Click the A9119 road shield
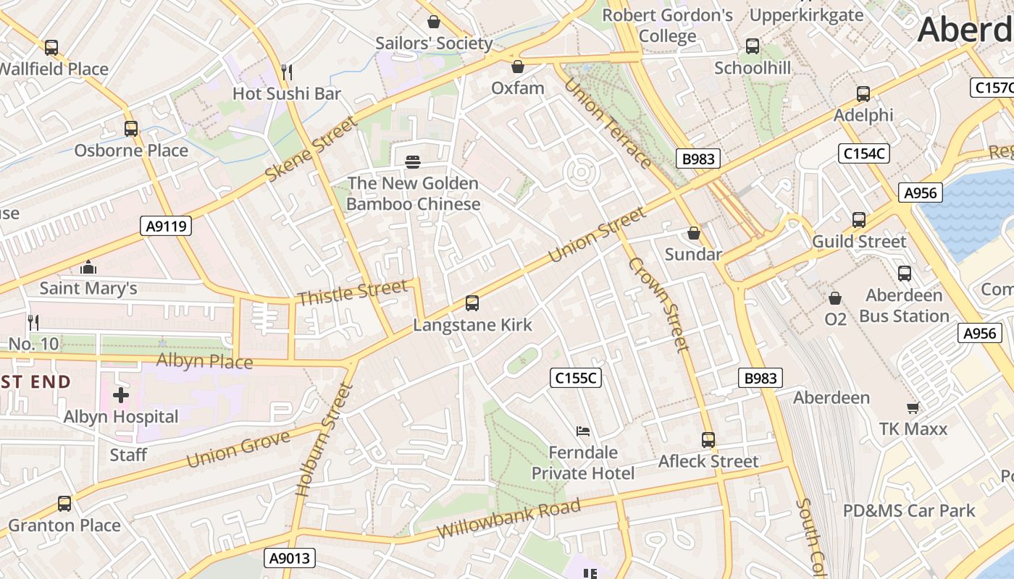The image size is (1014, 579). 166,227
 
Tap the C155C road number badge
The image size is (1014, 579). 577,378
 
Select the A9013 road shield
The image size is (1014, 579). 289,558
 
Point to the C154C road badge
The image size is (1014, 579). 863,153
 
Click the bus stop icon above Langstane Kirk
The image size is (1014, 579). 472,303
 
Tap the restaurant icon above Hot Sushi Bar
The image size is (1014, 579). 287,72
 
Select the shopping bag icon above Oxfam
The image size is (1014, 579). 517,67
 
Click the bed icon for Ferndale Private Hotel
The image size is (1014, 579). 583,431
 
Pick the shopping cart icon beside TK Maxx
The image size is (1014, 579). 913,407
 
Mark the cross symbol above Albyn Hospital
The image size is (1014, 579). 121,395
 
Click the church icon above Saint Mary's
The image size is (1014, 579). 88,267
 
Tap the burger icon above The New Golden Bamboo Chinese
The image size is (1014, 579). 413,161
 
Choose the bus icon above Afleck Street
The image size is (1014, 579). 708,440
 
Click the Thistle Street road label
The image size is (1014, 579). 353,293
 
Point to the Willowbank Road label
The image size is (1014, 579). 508,519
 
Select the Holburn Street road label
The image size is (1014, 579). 323,440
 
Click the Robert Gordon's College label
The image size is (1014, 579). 667,25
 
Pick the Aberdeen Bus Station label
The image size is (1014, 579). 904,305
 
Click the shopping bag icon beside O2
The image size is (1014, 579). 835,298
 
